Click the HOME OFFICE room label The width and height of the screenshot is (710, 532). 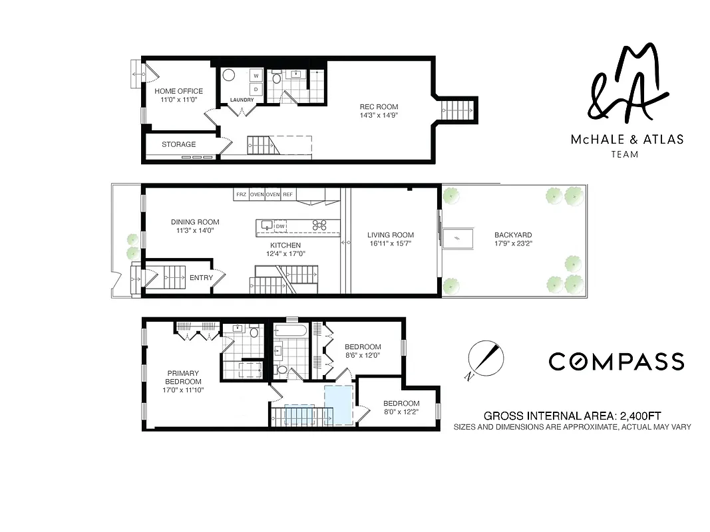(x=178, y=91)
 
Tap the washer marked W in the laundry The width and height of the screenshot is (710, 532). (x=255, y=76)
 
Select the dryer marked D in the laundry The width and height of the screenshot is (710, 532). (x=255, y=88)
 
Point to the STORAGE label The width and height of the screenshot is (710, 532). (x=178, y=144)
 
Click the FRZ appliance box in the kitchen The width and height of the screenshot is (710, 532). (x=241, y=194)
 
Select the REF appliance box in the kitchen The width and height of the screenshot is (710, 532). (x=287, y=194)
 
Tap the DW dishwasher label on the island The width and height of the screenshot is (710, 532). (x=280, y=226)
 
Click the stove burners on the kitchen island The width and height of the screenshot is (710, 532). (x=319, y=225)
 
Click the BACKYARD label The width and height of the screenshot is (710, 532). (x=512, y=235)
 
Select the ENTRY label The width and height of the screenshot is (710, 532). (x=201, y=278)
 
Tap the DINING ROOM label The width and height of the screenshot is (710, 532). (x=194, y=222)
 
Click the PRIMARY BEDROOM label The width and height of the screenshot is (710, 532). (x=183, y=377)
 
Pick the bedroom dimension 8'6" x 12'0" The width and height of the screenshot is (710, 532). (x=363, y=356)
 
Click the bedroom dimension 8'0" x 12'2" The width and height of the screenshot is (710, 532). (x=401, y=412)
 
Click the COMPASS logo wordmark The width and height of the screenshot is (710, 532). (x=616, y=361)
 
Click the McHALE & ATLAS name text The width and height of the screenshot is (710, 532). (x=627, y=140)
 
